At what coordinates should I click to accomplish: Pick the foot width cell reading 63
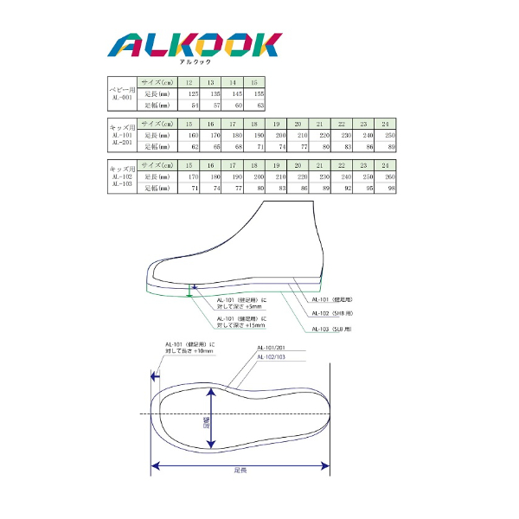click(x=257, y=105)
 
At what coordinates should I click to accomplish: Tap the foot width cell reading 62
click(x=191, y=147)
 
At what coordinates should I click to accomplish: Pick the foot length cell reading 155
click(x=256, y=93)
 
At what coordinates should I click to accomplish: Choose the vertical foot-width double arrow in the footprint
click(x=211, y=419)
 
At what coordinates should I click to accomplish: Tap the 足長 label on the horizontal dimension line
click(x=240, y=471)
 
